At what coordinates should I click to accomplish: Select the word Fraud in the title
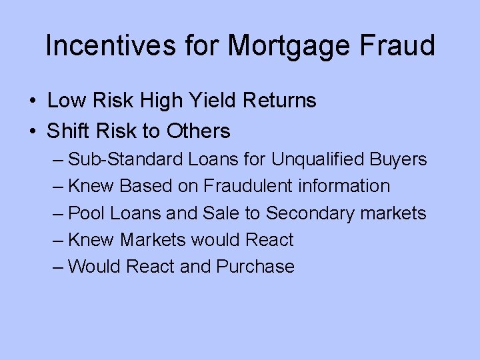(x=401, y=46)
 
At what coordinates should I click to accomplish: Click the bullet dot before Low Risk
(x=33, y=101)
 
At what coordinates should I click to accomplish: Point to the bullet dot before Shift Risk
(x=33, y=132)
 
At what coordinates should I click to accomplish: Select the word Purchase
(x=255, y=267)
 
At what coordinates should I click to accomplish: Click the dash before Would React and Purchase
(x=57, y=267)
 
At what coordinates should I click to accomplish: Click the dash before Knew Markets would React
(x=57, y=240)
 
